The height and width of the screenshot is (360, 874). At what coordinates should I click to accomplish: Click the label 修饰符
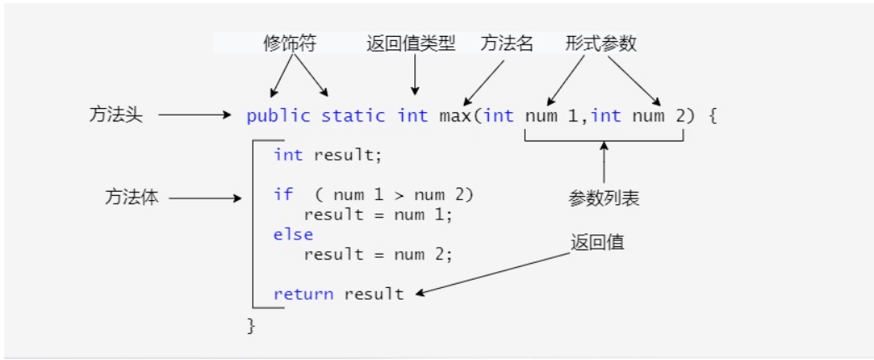[290, 44]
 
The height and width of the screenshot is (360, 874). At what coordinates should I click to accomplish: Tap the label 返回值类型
[411, 44]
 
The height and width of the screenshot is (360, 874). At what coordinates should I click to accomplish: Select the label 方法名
[506, 44]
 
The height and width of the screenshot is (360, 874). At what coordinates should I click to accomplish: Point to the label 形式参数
[600, 44]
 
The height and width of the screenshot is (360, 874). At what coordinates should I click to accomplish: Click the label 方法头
[116, 115]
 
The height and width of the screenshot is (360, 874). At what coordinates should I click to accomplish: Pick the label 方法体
[131, 198]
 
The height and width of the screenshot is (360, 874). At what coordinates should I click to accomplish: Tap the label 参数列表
[604, 198]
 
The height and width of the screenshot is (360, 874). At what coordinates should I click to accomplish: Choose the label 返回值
[597, 243]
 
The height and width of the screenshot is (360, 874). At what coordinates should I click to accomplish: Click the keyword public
[278, 116]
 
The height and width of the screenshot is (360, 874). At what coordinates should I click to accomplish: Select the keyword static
[352, 116]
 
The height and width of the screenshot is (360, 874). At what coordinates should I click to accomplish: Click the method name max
[455, 116]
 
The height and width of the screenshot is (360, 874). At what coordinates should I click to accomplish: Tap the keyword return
[303, 294]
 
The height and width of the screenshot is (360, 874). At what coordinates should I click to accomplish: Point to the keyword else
[293, 234]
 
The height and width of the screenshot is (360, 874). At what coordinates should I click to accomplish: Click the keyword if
[283, 194]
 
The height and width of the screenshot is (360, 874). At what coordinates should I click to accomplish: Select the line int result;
[328, 155]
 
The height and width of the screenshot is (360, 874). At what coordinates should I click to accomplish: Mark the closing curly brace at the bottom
[251, 326]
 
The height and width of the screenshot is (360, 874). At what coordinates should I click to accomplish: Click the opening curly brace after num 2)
[712, 116]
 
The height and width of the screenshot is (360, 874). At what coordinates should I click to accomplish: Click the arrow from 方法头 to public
[194, 115]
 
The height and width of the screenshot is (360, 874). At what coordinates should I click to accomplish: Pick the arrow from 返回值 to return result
[494, 273]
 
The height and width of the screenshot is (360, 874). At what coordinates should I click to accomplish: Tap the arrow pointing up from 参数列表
[604, 162]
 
